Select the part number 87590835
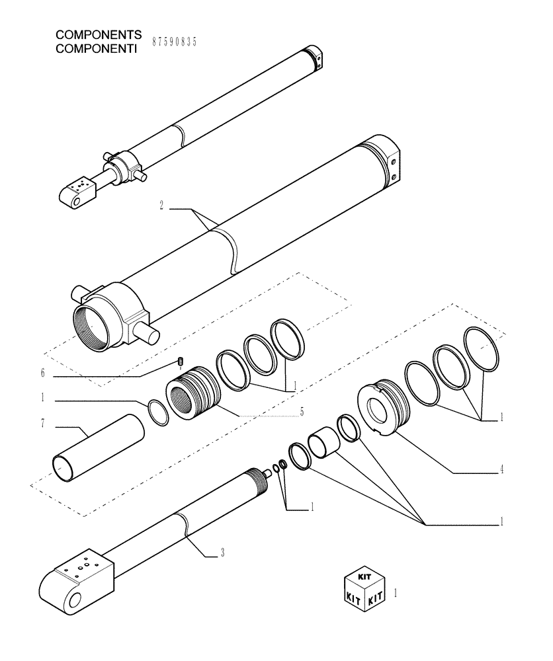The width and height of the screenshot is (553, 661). point(175,41)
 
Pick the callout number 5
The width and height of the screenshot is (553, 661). point(301,412)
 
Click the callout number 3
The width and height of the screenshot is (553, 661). point(222,553)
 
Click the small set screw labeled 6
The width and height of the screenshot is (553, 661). point(180,361)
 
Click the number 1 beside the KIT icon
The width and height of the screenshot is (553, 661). point(396,593)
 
